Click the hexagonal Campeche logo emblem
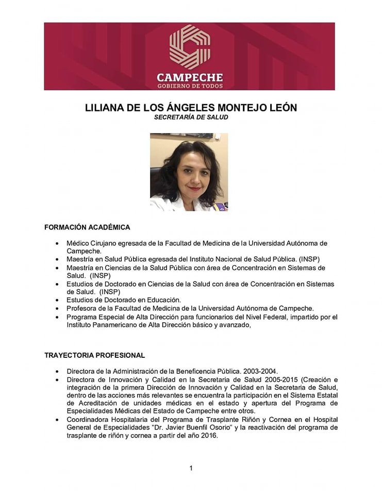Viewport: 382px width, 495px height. click(x=190, y=46)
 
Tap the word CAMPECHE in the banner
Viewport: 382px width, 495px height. click(x=190, y=78)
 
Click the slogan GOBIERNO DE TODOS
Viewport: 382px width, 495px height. click(x=190, y=86)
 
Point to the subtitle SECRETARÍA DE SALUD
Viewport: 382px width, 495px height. click(x=191, y=117)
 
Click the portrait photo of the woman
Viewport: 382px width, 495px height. click(x=189, y=172)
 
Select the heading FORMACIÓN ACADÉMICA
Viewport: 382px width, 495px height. click(x=87, y=227)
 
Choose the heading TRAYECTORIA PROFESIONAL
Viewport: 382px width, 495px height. click(x=94, y=355)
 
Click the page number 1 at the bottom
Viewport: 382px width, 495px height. click(x=191, y=468)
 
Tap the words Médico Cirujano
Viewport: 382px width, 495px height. click(x=91, y=243)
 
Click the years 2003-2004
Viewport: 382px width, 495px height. click(x=259, y=371)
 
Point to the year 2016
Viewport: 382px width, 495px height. click(x=209, y=436)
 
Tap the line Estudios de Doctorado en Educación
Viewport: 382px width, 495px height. click(x=124, y=300)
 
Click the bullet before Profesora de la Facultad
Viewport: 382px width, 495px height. click(x=56, y=308)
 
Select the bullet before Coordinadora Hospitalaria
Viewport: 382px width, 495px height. click(x=56, y=420)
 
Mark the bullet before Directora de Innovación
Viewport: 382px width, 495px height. click(x=56, y=379)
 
